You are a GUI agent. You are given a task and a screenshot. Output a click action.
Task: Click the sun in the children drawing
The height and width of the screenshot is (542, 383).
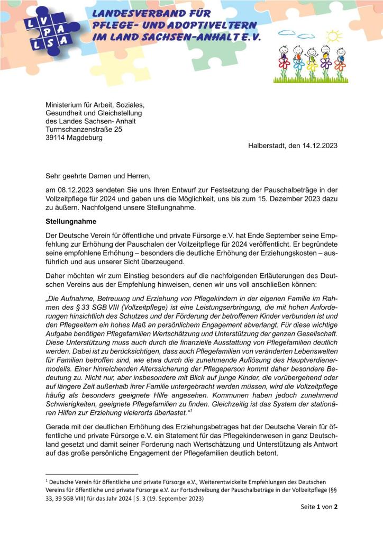pos(333,36)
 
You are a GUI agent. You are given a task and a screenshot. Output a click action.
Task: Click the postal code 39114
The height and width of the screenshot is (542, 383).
pos(57,138)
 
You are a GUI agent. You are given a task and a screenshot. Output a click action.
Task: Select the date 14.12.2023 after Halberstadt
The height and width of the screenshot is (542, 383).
pos(319,145)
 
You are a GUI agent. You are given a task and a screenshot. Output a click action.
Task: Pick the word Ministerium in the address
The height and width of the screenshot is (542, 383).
pos(66,104)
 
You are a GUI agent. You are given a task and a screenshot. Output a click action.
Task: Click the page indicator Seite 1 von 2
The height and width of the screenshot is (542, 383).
pos(316,507)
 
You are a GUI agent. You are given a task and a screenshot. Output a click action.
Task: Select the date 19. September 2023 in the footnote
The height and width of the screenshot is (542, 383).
pos(177,498)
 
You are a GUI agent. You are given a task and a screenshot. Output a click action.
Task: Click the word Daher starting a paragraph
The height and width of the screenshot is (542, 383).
pos(56,277)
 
